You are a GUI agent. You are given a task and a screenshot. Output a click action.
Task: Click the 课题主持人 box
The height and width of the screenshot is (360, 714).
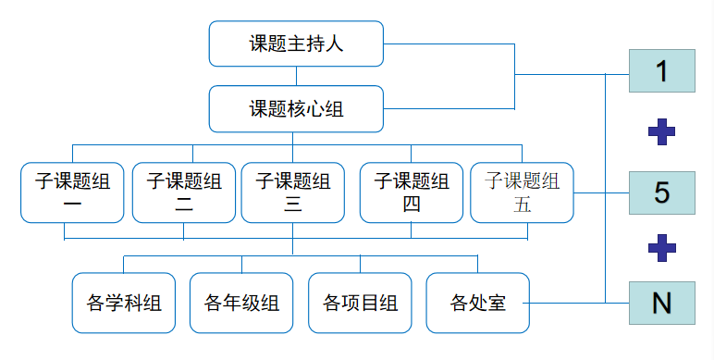[x=296, y=43]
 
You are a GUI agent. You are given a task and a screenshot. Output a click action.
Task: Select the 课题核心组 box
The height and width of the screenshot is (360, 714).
[x=296, y=108]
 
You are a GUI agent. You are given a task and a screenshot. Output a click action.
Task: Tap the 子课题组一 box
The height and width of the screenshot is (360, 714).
[x=72, y=192]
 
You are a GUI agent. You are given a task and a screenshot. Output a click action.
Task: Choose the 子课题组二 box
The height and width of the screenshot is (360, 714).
[x=183, y=192]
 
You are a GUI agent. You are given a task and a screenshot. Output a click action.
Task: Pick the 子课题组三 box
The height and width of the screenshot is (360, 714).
[x=292, y=192]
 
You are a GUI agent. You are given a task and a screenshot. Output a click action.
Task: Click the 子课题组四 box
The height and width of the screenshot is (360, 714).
[x=412, y=192]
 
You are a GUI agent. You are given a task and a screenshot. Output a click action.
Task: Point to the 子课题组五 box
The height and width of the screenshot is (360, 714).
[x=522, y=192]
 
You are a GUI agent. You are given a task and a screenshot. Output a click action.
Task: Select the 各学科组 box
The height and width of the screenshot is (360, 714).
[x=124, y=303]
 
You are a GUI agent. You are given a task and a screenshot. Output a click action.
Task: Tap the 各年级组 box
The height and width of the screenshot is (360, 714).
[x=241, y=303]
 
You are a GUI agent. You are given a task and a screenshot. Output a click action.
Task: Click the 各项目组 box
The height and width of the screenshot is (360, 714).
[x=360, y=303]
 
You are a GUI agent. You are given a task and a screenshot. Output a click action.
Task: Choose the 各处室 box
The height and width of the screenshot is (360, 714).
[x=477, y=303]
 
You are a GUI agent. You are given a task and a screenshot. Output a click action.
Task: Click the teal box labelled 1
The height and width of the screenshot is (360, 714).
[x=661, y=71]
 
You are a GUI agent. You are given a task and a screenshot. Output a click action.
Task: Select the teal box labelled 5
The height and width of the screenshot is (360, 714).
[x=661, y=192]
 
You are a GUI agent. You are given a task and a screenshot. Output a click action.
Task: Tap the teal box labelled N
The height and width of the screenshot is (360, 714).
[x=661, y=303]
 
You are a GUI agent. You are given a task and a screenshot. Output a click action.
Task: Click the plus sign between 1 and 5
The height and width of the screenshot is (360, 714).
[x=661, y=132]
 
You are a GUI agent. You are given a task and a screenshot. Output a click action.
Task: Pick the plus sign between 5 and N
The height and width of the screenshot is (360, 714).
[x=661, y=247]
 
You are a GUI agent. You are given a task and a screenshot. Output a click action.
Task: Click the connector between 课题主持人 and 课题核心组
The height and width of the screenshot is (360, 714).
[x=295, y=76]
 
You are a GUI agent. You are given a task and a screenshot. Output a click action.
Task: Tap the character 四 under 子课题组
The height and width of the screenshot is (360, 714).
[x=412, y=205]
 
